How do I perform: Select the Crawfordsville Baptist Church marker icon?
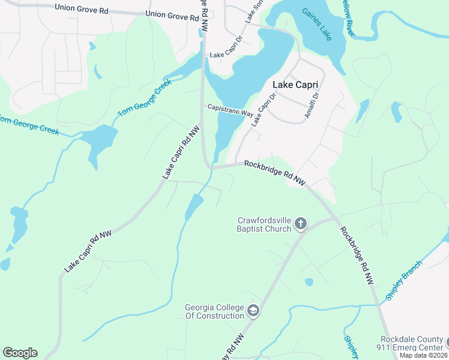(x=301, y=224)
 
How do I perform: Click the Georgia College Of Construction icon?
(x=253, y=312)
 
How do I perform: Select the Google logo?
(x=20, y=353)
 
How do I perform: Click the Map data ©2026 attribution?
(x=424, y=355)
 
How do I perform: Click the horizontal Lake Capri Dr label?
(x=225, y=55)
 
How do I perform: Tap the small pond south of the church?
(x=309, y=281)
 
